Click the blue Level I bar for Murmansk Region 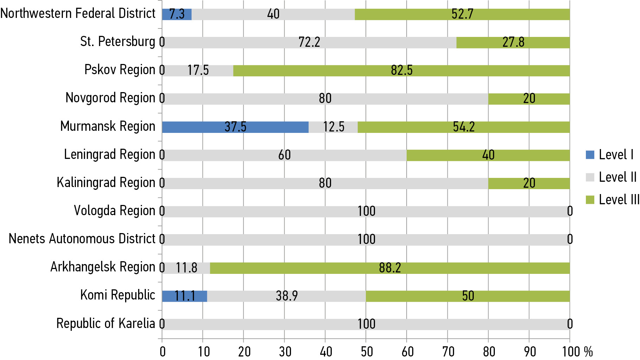click(x=235, y=127)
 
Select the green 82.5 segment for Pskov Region click(x=401, y=71)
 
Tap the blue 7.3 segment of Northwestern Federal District click(x=177, y=14)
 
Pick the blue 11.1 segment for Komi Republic click(x=185, y=296)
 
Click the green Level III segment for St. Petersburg click(x=513, y=43)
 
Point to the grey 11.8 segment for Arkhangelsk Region click(x=187, y=268)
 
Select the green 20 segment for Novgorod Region click(x=529, y=99)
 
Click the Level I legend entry click(x=610, y=155)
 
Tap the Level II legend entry click(x=612, y=177)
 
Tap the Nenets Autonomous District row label click(x=82, y=239)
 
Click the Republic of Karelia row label click(x=105, y=323)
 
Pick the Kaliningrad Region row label click(x=106, y=183)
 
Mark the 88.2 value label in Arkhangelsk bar click(x=390, y=268)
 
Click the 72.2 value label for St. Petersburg click(x=309, y=43)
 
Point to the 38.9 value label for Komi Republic click(x=287, y=296)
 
